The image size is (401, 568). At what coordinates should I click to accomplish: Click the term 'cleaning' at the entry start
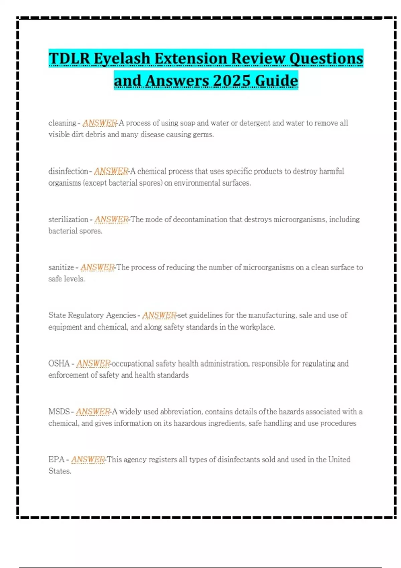(62, 123)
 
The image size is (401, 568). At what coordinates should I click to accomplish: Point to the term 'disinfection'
(68, 171)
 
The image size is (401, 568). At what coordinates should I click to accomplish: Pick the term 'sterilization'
(68, 220)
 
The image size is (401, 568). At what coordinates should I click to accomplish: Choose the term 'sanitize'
(61, 267)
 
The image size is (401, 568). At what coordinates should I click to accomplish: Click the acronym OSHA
(59, 364)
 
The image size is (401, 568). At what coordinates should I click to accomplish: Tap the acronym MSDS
(59, 412)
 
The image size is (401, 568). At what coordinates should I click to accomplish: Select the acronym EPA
(56, 460)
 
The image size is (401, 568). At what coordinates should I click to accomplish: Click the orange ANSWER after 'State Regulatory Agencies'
(159, 315)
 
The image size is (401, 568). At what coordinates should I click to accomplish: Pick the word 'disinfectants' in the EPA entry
(239, 460)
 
